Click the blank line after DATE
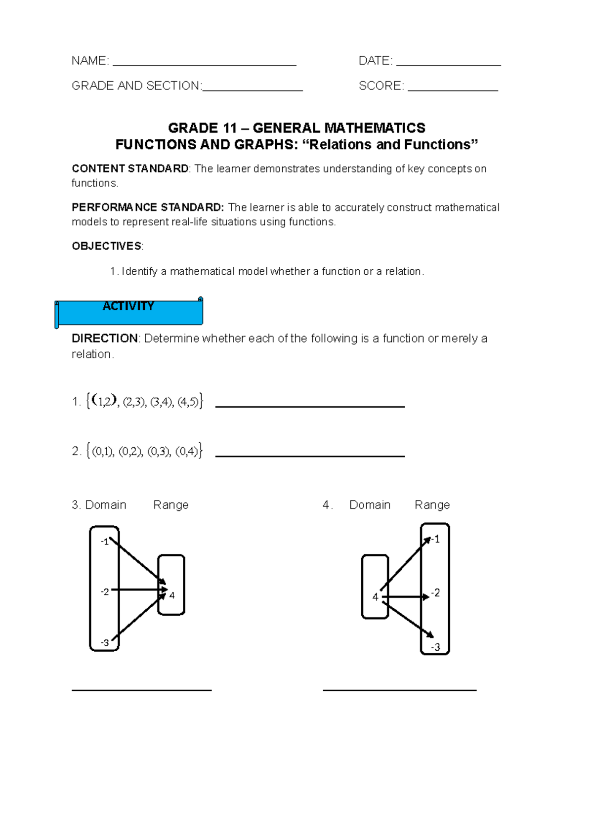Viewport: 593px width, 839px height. pyautogui.click(x=448, y=65)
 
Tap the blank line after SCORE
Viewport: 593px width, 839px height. pyautogui.click(x=453, y=90)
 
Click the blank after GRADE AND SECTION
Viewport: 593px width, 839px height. pyautogui.click(x=253, y=90)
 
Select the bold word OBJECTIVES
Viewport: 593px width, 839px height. pyautogui.click(x=106, y=246)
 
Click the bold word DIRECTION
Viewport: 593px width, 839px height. pyautogui.click(x=105, y=338)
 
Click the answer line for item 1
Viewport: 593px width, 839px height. pyautogui.click(x=310, y=406)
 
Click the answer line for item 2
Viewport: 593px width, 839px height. pyautogui.click(x=310, y=456)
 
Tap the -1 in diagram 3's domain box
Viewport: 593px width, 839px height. pyautogui.click(x=104, y=542)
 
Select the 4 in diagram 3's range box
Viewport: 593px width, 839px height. pyautogui.click(x=172, y=595)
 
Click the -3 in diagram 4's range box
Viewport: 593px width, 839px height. pyautogui.click(x=435, y=647)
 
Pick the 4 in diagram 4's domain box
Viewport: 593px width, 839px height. pyautogui.click(x=375, y=597)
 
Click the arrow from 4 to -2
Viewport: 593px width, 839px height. pyautogui.click(x=405, y=597)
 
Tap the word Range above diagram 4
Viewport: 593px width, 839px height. pyautogui.click(x=432, y=505)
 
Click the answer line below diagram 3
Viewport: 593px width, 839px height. pyautogui.click(x=141, y=689)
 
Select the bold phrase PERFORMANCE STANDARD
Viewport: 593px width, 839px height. pyautogui.click(x=148, y=208)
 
